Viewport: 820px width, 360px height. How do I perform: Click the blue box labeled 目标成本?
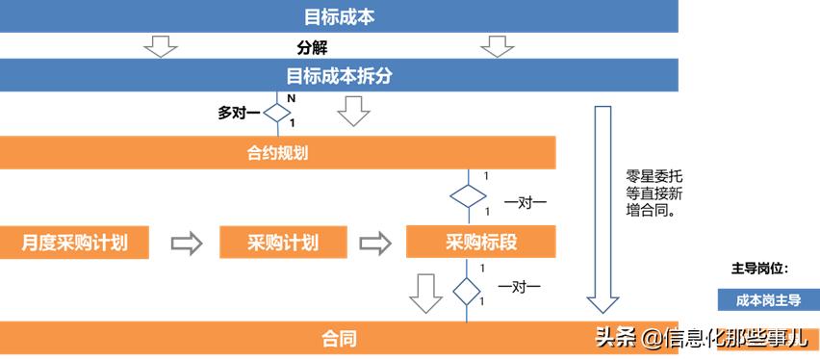click(x=339, y=16)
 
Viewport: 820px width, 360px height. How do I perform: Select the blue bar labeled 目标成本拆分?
click(x=339, y=75)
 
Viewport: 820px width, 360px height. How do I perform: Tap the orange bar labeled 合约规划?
click(x=277, y=152)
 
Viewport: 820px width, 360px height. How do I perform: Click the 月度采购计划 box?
click(x=75, y=242)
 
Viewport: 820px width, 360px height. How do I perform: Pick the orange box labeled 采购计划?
click(x=282, y=242)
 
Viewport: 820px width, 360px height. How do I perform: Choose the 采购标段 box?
click(x=480, y=242)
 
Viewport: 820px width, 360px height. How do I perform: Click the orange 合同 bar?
click(x=339, y=338)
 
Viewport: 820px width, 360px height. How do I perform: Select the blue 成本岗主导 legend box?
click(x=768, y=299)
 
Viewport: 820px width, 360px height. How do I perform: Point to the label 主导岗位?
click(x=760, y=268)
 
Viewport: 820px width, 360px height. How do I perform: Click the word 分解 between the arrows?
click(x=312, y=47)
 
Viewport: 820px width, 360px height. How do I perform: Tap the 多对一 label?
click(x=238, y=113)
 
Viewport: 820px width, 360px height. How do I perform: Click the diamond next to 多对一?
click(x=277, y=113)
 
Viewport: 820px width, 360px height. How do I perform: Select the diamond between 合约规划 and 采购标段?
click(x=468, y=195)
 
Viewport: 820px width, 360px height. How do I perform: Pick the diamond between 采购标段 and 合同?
click(x=467, y=290)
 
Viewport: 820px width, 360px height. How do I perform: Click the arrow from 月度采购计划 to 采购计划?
click(x=187, y=243)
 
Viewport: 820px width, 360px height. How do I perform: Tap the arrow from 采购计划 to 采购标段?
click(x=376, y=243)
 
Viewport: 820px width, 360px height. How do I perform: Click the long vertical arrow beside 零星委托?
click(x=602, y=207)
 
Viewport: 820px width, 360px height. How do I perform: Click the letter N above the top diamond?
click(x=291, y=98)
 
